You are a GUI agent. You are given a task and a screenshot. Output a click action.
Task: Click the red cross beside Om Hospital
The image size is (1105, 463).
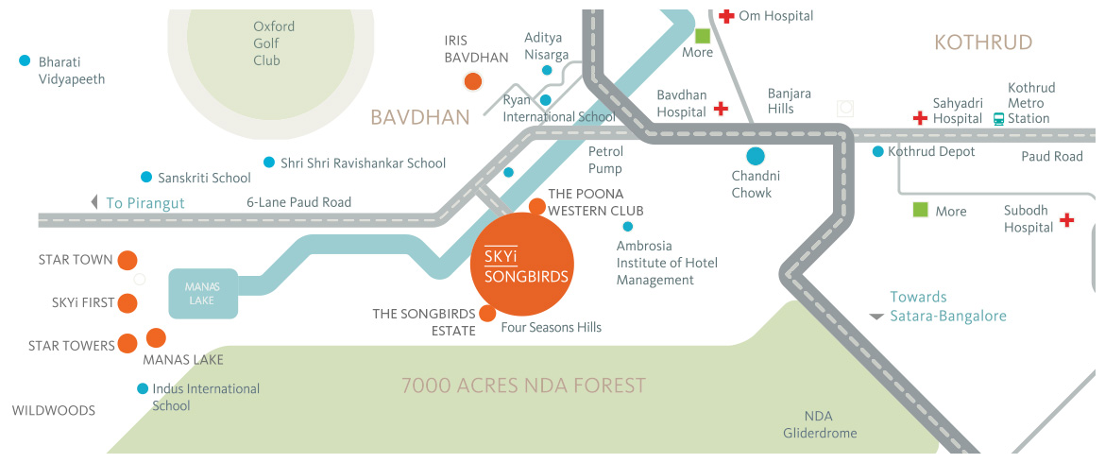point(726,16)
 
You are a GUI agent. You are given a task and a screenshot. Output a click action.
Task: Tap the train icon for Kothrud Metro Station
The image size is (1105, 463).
point(998,118)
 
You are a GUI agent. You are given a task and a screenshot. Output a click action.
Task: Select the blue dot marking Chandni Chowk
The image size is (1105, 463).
point(755,157)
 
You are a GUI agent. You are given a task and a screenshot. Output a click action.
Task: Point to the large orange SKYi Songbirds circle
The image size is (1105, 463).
point(522,266)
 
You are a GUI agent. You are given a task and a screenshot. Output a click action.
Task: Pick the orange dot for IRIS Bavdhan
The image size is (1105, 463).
point(472,82)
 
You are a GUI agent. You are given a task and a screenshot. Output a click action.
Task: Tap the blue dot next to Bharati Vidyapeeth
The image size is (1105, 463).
point(25,61)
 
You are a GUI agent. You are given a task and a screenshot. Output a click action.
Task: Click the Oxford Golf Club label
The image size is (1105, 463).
point(274,43)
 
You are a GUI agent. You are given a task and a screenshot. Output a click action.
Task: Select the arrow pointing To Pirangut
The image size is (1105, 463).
point(93,202)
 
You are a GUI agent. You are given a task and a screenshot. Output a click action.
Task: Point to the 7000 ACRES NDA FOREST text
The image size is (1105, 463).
point(523,386)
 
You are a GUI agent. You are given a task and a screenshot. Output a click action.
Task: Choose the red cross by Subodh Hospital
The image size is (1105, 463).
point(1067,220)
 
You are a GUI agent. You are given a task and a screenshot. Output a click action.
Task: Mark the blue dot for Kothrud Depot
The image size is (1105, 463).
point(878,151)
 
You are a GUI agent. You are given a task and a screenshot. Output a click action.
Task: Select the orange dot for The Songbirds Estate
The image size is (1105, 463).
point(486,314)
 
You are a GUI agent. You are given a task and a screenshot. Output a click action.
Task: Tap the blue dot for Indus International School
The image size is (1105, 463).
point(143,388)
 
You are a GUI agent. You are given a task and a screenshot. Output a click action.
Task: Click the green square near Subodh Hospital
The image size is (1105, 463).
point(920,210)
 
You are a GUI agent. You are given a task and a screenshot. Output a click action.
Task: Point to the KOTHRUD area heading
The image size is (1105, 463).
point(983,43)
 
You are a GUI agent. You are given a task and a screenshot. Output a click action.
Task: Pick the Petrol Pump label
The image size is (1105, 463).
point(605,160)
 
